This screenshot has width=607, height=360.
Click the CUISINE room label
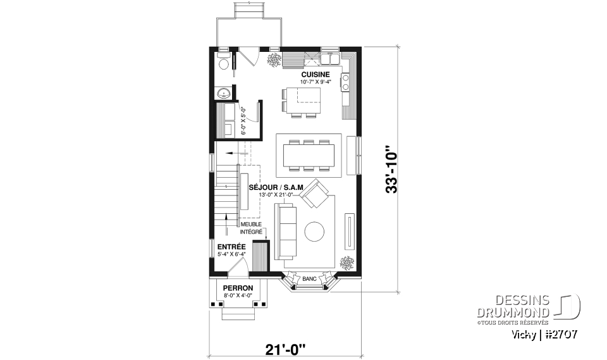(315, 74)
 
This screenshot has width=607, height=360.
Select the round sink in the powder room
(223, 94)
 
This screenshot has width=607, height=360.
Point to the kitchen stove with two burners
(346, 80)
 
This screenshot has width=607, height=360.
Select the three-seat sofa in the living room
(285, 232)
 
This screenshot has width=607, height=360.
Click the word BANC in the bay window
(309, 278)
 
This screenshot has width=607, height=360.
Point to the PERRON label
(238, 288)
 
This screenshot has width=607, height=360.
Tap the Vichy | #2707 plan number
(544, 333)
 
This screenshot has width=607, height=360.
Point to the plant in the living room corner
(346, 261)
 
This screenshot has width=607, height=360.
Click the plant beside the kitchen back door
(274, 60)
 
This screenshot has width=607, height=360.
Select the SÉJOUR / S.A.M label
(276, 187)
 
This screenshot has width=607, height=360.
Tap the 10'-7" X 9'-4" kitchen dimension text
(315, 82)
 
